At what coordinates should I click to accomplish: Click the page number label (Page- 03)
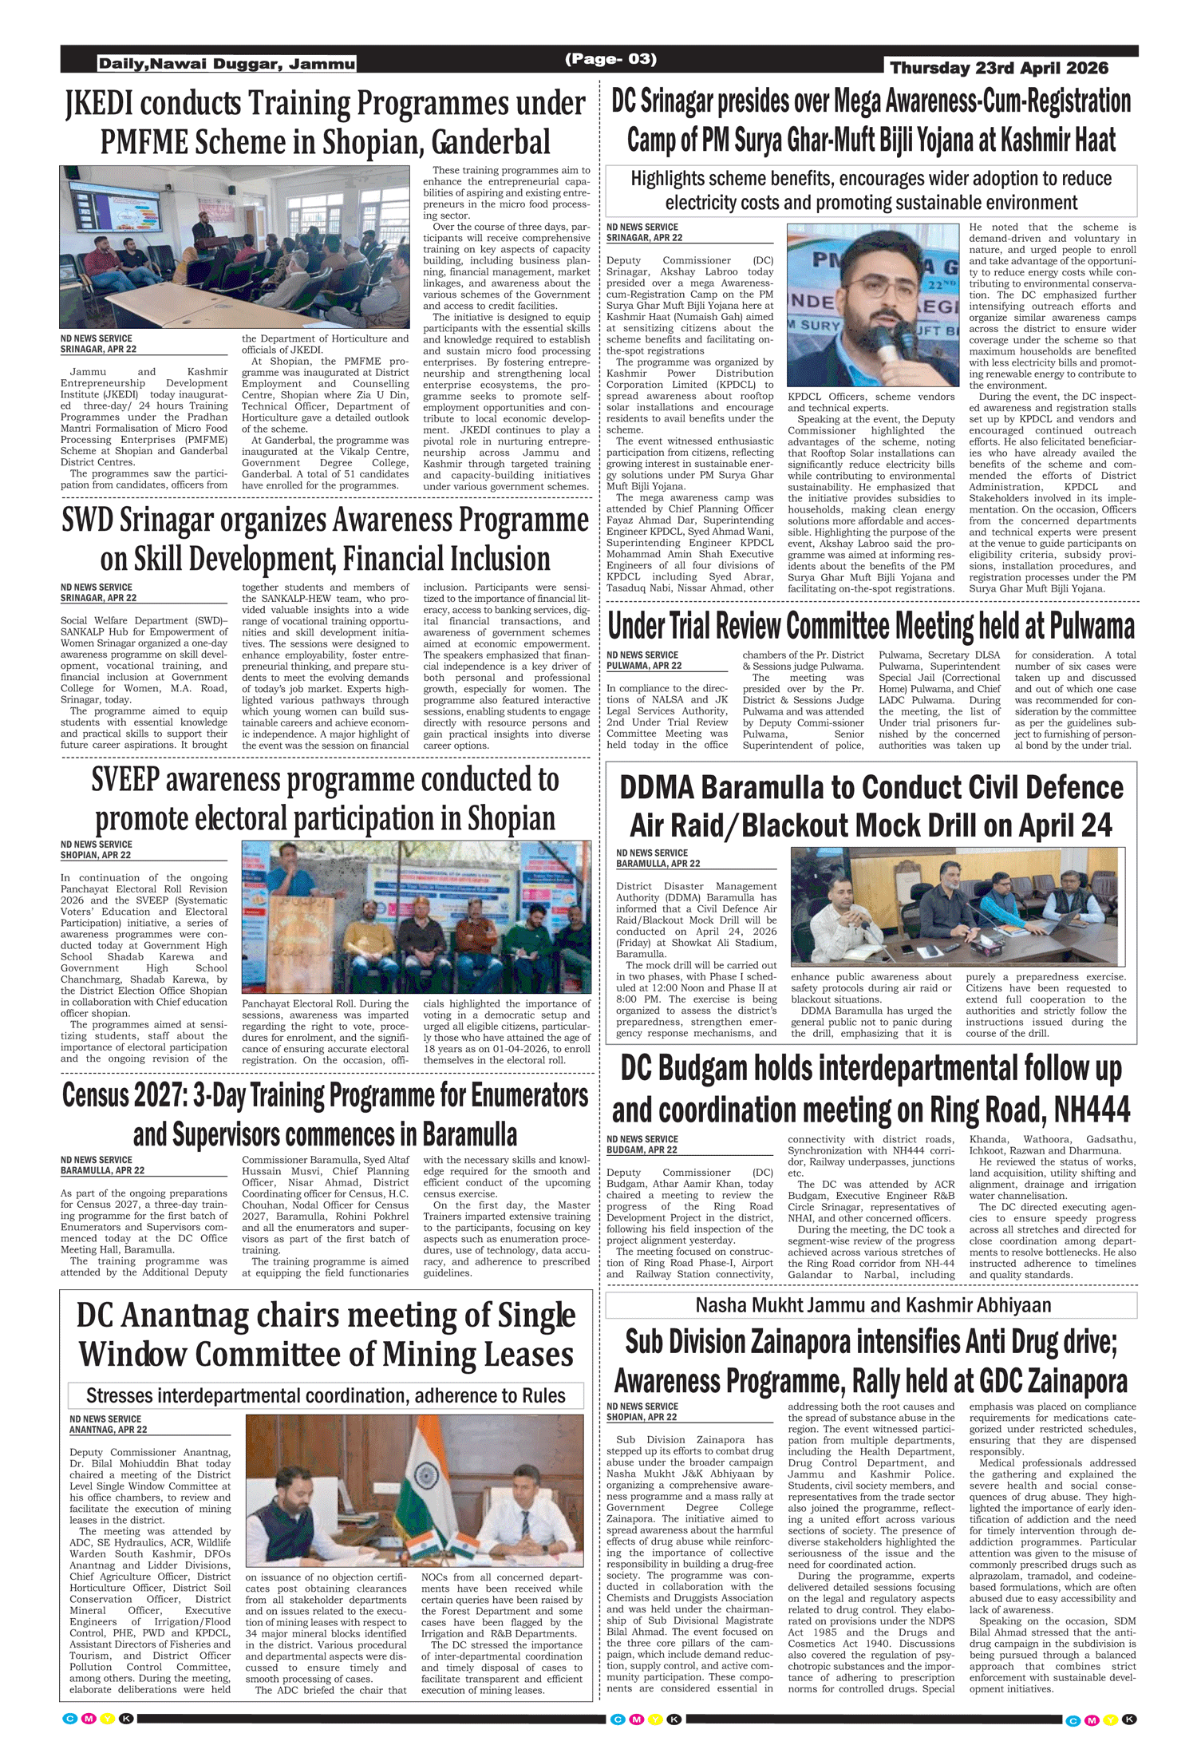610,59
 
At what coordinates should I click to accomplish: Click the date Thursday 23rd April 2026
998,68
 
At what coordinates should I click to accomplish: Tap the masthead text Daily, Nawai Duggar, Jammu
227,64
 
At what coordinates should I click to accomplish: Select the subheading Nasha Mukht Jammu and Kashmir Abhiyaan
872,1305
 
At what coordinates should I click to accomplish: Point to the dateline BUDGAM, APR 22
642,1150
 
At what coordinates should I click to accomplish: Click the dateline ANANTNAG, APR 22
108,1430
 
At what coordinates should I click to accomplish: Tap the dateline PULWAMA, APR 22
644,665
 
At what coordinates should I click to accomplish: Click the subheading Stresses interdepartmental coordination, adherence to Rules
326,1395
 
